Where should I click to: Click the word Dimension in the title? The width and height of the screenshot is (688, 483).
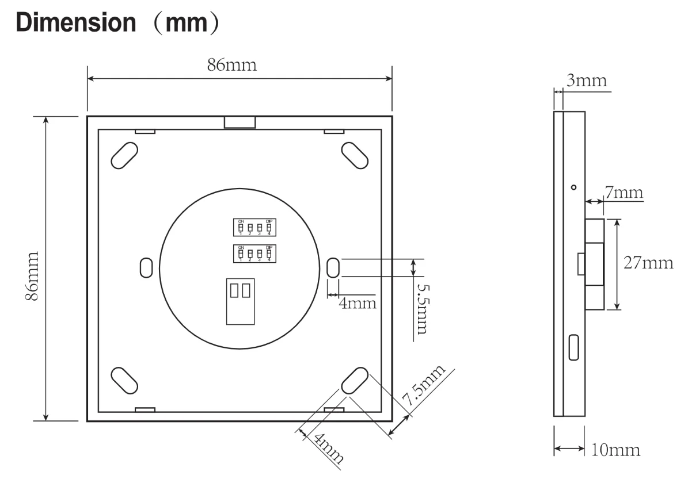[75, 22]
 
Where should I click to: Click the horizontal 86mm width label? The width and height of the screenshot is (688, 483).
[232, 65]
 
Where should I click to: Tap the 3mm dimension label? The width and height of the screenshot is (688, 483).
[586, 80]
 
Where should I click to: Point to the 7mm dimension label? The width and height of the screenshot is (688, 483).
[623, 192]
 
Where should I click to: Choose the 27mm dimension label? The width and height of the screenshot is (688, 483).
[648, 263]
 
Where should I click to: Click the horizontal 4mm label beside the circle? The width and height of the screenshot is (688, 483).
[357, 302]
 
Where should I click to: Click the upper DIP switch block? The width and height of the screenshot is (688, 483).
[254, 227]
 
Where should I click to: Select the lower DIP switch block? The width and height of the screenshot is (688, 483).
[254, 253]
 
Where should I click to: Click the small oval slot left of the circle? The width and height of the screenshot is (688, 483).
[146, 267]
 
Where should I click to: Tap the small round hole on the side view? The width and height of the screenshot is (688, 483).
[573, 187]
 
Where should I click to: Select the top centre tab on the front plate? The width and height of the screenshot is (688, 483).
[240, 122]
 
